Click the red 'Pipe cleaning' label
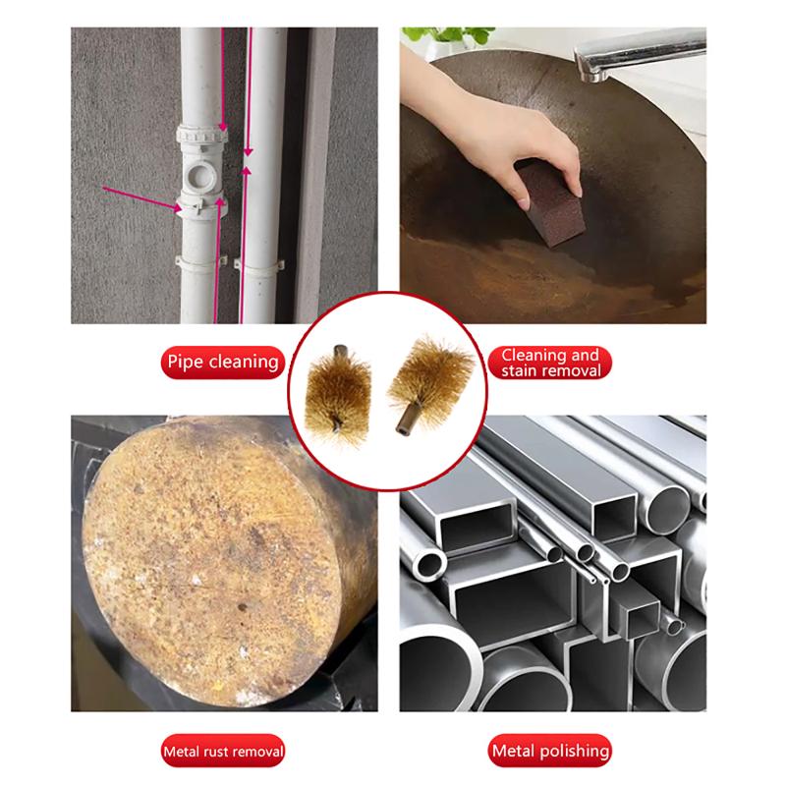coord(223,362)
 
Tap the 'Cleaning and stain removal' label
coord(550,363)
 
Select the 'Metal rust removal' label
coord(223,751)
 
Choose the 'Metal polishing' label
coord(550,751)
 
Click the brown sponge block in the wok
coord(550,204)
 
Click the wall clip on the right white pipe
coord(259,265)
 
